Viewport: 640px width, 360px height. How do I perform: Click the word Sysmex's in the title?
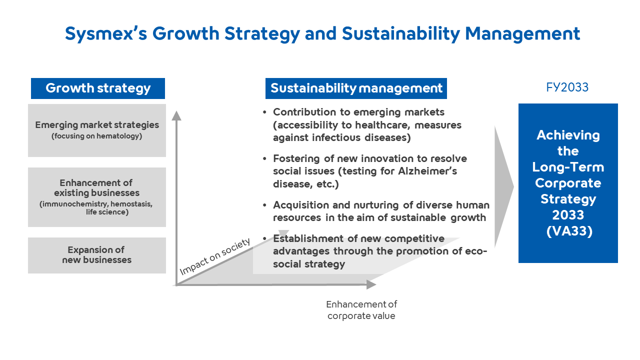[x=106, y=33]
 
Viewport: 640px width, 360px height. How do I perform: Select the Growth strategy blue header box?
[x=98, y=88]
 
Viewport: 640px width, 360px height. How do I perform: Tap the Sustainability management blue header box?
[x=356, y=88]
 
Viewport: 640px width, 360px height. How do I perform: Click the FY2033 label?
[x=567, y=87]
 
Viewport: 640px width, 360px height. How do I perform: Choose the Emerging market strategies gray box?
[x=97, y=130]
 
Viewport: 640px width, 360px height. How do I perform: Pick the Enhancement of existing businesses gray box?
[x=97, y=197]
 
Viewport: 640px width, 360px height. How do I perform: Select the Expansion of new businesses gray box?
[x=97, y=255]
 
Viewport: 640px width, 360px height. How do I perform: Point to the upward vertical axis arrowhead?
[x=176, y=115]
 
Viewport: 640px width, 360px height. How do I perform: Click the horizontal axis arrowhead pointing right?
[x=371, y=284]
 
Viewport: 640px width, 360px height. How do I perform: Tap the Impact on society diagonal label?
[x=215, y=256]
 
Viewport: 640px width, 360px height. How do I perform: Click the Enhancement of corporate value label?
[x=361, y=310]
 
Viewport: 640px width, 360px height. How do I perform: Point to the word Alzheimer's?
[x=427, y=171]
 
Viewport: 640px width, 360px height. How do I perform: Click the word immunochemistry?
[x=75, y=204]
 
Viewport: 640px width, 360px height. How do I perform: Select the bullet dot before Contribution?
[x=264, y=112]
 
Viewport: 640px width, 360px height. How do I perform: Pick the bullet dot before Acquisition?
[x=264, y=205]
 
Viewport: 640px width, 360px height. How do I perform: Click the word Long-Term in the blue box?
[x=568, y=167]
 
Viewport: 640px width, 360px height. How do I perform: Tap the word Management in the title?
[x=522, y=33]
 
